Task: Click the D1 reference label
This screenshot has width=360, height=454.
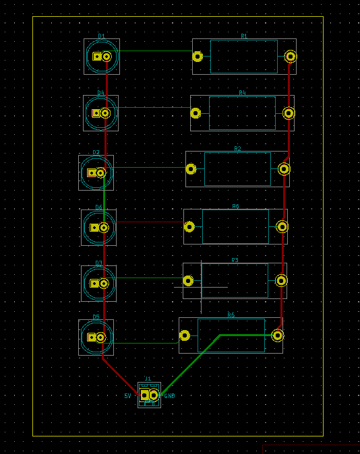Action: (x=101, y=36)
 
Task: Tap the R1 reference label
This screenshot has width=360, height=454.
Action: (x=244, y=36)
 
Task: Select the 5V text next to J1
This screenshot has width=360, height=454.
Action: (x=127, y=396)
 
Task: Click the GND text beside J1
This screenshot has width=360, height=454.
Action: (x=169, y=396)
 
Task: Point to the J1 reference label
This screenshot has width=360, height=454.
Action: (x=148, y=379)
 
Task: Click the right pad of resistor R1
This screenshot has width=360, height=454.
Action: (x=291, y=57)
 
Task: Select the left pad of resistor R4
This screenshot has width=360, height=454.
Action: (x=196, y=113)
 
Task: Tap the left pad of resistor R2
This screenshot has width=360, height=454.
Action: (x=191, y=169)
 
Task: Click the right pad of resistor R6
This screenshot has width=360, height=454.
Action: (x=282, y=227)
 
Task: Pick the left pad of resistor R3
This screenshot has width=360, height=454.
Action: (x=188, y=281)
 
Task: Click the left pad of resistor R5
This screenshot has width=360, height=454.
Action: (x=185, y=335)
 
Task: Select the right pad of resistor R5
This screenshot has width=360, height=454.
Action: (x=278, y=335)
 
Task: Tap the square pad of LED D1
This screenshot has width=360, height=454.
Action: (x=97, y=57)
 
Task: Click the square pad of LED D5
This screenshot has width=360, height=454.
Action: (x=92, y=337)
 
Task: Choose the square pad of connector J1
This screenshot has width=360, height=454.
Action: (x=144, y=395)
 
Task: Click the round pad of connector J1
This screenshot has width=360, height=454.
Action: (x=154, y=395)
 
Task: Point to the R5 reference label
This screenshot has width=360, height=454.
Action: (x=231, y=315)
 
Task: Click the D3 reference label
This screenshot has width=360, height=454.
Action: (x=98, y=263)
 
